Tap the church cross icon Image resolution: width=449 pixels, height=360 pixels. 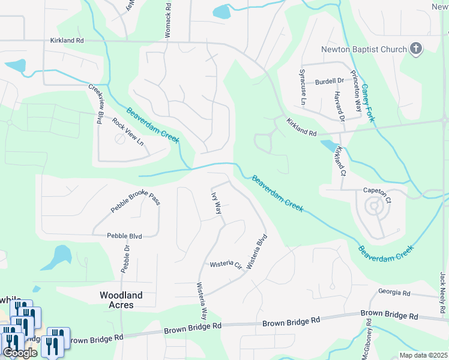click(416, 49)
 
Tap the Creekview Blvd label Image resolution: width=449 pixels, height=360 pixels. click(96, 103)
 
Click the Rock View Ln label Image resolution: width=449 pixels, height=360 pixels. click(128, 131)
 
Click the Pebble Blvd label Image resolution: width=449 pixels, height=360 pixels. click(124, 236)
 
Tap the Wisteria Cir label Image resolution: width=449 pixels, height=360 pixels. click(225, 265)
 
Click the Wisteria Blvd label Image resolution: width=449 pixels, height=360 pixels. click(256, 251)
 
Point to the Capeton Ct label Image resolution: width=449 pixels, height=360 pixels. click(377, 190)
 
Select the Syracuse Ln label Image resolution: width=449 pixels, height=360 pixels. click(303, 87)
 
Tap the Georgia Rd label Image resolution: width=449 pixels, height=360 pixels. click(394, 293)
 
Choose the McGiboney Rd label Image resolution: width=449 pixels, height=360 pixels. click(368, 339)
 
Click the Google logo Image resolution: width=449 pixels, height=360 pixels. click(19, 353)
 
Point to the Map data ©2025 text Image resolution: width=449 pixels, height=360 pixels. click(423, 355)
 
